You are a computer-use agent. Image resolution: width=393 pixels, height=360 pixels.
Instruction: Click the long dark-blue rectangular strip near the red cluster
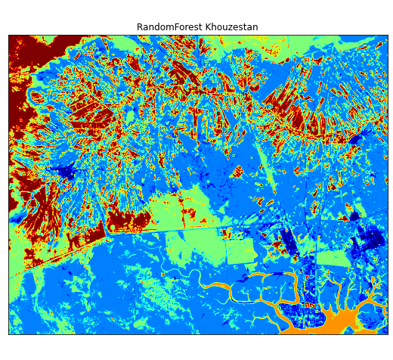click(x=287, y=242)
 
